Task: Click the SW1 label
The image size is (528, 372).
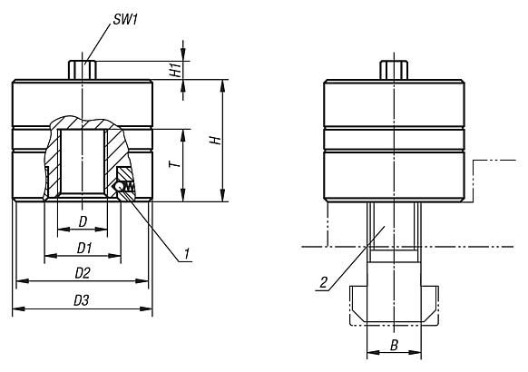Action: click(x=125, y=20)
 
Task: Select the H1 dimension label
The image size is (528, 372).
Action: click(x=175, y=70)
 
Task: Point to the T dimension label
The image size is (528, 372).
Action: click(x=175, y=164)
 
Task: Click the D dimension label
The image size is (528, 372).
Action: click(x=83, y=222)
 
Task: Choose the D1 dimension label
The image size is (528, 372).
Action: click(x=84, y=249)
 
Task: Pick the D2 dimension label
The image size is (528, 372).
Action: click(x=83, y=273)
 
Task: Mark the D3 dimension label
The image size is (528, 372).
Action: click(x=81, y=300)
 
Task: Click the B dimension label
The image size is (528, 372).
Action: click(x=394, y=345)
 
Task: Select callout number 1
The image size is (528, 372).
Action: click(x=187, y=254)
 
